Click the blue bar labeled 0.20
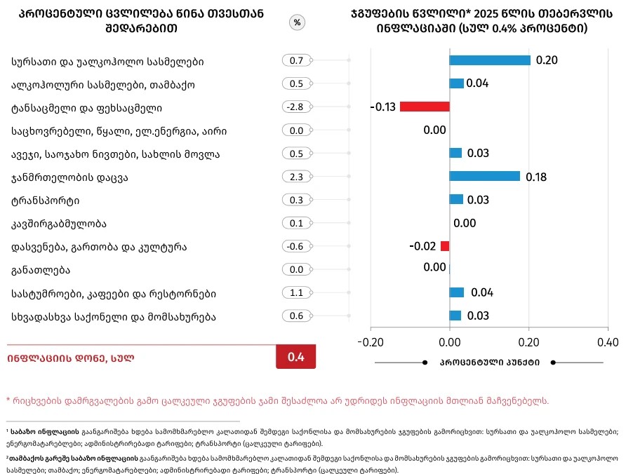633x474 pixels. click(x=490, y=60)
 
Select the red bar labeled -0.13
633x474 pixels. click(x=425, y=107)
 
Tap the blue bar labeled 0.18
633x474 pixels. click(x=484, y=176)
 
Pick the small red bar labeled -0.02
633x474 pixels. click(x=445, y=246)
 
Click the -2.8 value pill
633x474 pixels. click(x=297, y=107)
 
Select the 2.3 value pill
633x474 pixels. click(x=297, y=177)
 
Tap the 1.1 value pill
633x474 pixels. click(x=297, y=292)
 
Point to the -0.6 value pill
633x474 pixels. click(x=297, y=246)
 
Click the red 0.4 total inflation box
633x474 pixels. click(x=296, y=357)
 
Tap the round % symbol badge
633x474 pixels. click(x=297, y=22)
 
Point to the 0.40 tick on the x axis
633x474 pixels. click(x=608, y=342)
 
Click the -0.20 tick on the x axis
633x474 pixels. click(x=371, y=342)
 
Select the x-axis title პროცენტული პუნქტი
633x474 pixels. click(x=489, y=363)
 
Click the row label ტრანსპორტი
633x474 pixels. click(x=45, y=201)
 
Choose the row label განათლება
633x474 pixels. click(x=41, y=270)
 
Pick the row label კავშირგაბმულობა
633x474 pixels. click(x=58, y=224)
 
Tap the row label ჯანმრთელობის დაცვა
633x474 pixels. click(x=69, y=177)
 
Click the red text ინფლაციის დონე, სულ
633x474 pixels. click(x=71, y=358)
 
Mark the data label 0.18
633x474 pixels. click(x=536, y=177)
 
